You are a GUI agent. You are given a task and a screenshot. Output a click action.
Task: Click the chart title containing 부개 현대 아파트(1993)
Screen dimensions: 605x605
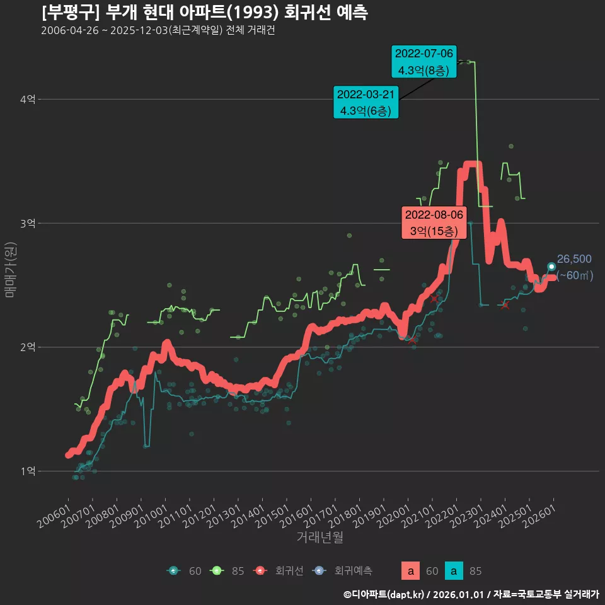(205, 13)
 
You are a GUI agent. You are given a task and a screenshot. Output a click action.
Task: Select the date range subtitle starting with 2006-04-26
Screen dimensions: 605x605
(158, 31)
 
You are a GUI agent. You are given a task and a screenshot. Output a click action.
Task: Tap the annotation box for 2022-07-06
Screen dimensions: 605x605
(423, 62)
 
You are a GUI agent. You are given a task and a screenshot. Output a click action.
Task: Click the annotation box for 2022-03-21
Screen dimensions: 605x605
(366, 102)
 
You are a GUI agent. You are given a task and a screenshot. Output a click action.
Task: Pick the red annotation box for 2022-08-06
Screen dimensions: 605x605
(434, 222)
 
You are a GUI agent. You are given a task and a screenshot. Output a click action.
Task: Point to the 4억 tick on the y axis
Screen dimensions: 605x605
(28, 99)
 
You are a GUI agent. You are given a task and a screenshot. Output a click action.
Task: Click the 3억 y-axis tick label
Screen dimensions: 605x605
(28, 223)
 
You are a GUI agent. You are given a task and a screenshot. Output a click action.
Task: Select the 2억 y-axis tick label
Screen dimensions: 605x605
(28, 347)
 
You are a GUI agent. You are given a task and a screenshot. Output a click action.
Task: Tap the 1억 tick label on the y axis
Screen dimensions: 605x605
(28, 471)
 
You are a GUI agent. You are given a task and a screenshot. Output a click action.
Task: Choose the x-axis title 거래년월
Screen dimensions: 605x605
(320, 538)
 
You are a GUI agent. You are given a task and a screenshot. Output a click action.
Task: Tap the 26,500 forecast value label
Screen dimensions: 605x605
(574, 259)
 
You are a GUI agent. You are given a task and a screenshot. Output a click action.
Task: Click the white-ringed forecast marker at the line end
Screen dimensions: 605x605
(551, 267)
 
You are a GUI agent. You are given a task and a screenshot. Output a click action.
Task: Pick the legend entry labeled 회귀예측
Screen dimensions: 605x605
(343, 571)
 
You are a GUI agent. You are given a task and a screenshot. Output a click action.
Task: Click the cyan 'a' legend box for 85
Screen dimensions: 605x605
(454, 571)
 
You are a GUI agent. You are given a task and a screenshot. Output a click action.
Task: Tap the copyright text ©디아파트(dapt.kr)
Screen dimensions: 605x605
(385, 594)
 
